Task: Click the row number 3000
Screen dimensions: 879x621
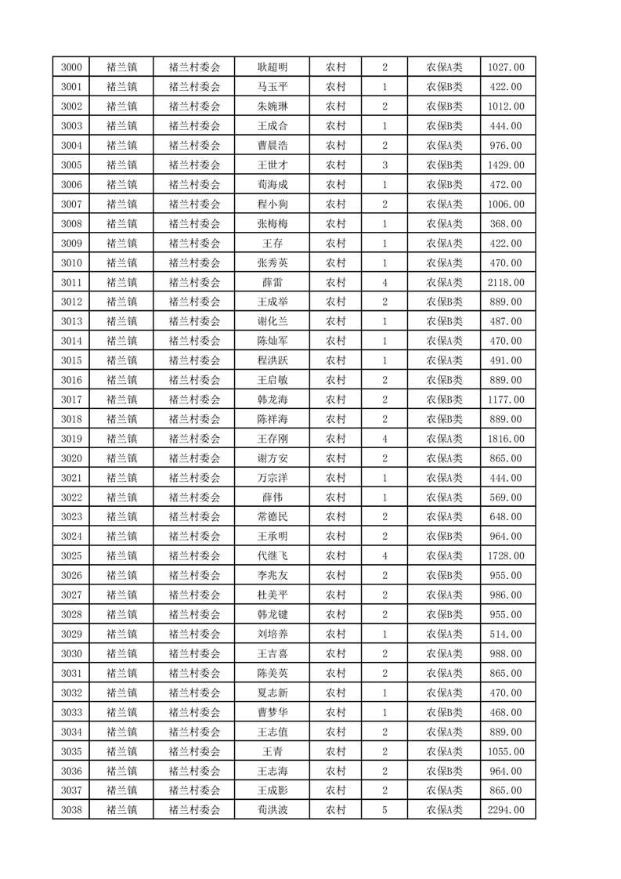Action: [70, 67]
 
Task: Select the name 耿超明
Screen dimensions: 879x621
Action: [272, 67]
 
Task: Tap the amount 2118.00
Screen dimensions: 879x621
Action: [507, 283]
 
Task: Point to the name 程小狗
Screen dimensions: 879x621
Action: [272, 204]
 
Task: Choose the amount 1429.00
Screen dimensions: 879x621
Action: [507, 165]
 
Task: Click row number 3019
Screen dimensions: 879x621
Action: [70, 439]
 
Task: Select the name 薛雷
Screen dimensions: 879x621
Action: [272, 283]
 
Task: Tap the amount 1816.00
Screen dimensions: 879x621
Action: [507, 439]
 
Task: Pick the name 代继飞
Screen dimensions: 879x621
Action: [272, 556]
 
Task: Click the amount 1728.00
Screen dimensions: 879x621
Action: [507, 556]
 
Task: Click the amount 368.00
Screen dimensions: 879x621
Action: [507, 224]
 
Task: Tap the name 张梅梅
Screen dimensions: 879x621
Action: [272, 224]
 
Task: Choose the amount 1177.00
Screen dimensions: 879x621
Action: [507, 400]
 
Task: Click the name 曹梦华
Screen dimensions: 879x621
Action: [272, 712]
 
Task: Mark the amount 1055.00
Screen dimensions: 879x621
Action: [507, 751]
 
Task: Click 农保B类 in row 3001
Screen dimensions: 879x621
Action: [444, 87]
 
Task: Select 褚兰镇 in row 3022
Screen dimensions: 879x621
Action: [121, 497]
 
